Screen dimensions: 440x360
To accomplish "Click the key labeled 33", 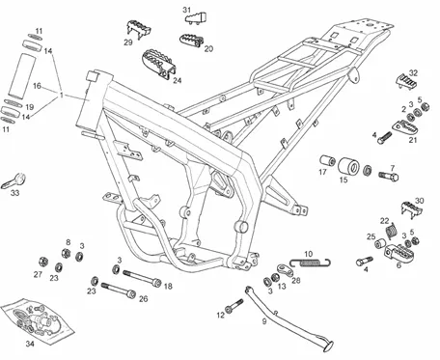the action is [14, 180].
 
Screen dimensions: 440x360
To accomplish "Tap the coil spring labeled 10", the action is [311, 263].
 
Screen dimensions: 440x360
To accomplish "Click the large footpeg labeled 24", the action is [158, 64].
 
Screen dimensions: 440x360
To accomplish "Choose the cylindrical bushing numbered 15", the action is [348, 166].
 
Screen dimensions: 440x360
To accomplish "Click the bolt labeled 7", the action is [389, 176].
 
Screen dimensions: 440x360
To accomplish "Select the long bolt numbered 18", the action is [142, 278].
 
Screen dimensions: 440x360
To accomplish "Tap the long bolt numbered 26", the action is [119, 290].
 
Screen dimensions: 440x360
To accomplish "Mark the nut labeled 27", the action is [42, 262].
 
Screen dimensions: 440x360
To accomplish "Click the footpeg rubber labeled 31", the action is [196, 18].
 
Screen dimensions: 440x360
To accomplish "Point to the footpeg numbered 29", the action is [138, 29].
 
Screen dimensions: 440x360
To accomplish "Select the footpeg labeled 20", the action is [191, 41].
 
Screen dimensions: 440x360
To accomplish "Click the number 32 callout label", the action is [413, 73].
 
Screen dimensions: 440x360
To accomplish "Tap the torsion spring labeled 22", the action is [391, 231].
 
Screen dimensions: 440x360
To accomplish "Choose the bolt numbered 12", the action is [234, 305].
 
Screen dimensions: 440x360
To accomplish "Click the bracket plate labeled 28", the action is [286, 270].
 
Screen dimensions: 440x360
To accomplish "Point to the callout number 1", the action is [62, 96].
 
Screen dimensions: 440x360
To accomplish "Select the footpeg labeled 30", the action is [411, 209].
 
